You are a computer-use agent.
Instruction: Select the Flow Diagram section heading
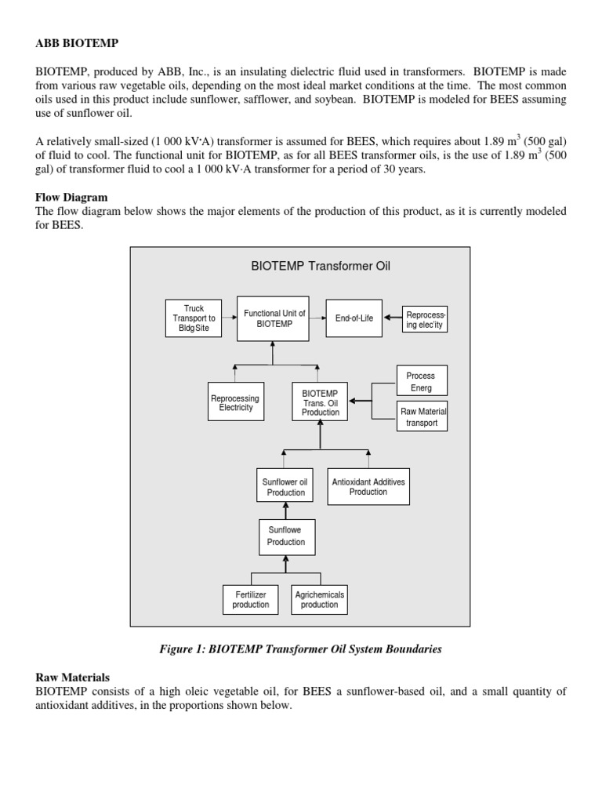click(71, 198)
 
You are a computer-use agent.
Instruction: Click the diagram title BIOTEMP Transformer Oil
click(320, 266)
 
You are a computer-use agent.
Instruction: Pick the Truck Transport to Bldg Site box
click(194, 318)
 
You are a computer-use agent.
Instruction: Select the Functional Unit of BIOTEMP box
click(273, 318)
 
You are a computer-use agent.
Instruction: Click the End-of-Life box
click(354, 318)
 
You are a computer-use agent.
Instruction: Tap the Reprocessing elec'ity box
click(424, 319)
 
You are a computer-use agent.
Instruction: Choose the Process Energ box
click(421, 382)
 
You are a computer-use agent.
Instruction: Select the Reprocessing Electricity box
click(235, 403)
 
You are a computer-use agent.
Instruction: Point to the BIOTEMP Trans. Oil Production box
click(320, 402)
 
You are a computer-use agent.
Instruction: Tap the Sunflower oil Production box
click(285, 487)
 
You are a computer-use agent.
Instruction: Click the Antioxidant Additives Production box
click(368, 486)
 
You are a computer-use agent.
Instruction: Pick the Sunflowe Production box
click(285, 536)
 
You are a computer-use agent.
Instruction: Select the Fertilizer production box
click(251, 599)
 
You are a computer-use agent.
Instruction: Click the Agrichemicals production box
click(319, 599)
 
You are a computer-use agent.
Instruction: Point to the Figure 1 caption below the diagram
click(300, 649)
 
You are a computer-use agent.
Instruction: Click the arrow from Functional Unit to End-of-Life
click(317, 318)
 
